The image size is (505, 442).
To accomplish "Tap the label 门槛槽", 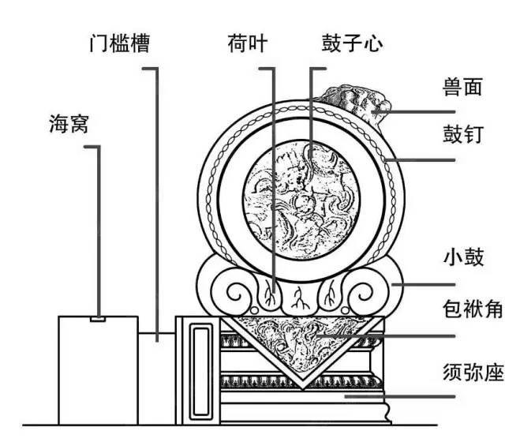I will (x=119, y=42).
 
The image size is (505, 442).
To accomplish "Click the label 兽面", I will (x=462, y=87).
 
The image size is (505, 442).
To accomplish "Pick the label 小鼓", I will (x=462, y=258).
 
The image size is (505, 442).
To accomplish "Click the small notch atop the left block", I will (x=97, y=319).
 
